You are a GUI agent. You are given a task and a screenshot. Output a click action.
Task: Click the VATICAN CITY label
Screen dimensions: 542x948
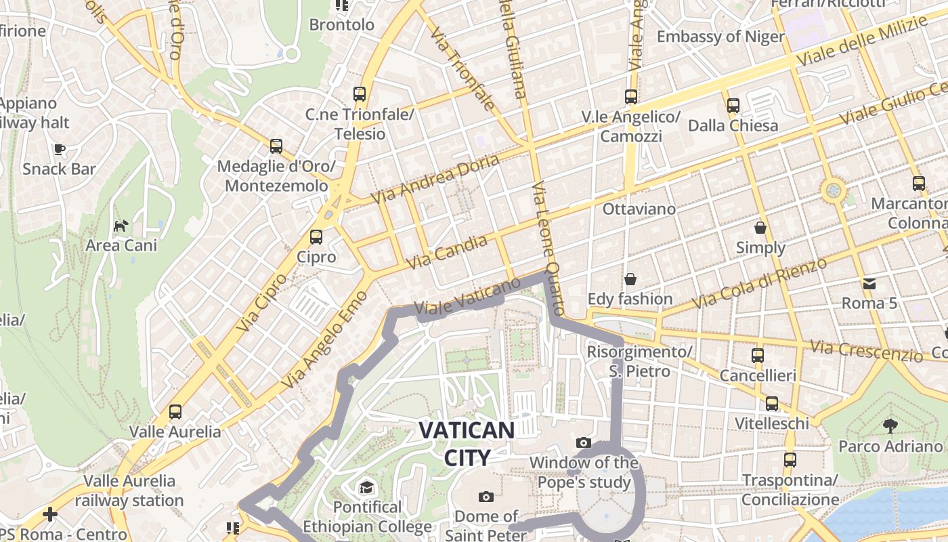click(x=467, y=443)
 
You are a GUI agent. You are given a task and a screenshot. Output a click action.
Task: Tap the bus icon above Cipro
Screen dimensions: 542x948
click(x=316, y=237)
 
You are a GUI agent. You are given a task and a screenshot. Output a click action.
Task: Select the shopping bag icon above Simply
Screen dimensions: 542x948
click(x=760, y=228)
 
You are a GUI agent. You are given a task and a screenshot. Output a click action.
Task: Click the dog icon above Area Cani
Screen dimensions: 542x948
click(x=121, y=226)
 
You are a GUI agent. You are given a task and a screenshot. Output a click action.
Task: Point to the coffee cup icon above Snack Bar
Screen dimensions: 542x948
click(x=60, y=149)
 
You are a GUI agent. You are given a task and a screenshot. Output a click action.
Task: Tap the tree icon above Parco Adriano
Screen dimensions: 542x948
click(x=890, y=426)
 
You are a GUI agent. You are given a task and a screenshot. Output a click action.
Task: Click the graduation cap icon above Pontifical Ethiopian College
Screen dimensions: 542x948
click(x=367, y=487)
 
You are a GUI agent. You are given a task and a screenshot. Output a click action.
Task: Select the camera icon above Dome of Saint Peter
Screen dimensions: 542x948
click(x=486, y=497)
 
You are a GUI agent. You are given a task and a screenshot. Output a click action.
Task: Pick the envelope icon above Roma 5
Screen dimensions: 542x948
click(x=869, y=283)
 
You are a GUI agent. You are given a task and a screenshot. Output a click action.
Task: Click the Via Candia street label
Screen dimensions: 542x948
click(x=447, y=252)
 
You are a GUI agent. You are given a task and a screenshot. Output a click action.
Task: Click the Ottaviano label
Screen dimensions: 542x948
click(x=639, y=209)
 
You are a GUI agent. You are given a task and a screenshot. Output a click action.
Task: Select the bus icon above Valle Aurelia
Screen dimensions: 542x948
click(x=175, y=411)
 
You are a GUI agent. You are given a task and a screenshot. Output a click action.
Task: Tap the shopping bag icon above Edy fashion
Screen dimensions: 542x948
click(x=630, y=278)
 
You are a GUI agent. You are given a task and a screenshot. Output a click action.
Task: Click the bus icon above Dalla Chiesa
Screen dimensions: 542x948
click(x=733, y=105)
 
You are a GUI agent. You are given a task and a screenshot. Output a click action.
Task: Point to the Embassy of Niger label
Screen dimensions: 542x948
click(x=720, y=36)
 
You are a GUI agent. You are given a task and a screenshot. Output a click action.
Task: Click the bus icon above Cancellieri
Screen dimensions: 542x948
click(x=758, y=355)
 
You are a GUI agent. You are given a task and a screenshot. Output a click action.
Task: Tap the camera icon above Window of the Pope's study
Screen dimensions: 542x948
click(x=583, y=443)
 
